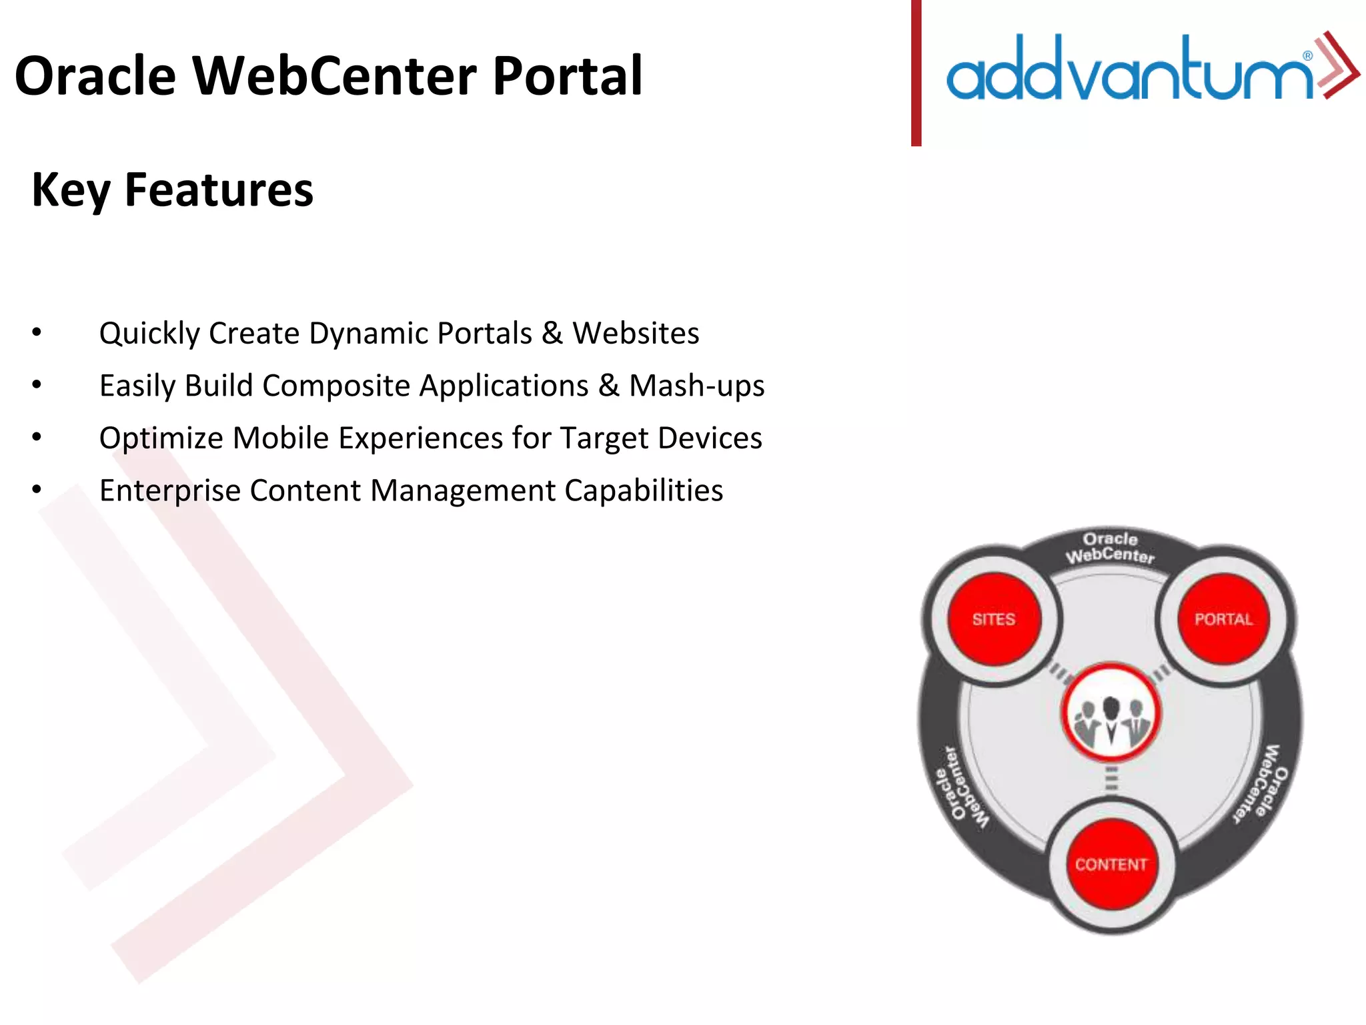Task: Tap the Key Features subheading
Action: pyautogui.click(x=172, y=190)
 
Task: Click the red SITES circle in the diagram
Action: pyautogui.click(x=994, y=619)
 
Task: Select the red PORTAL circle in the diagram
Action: pyautogui.click(x=1223, y=619)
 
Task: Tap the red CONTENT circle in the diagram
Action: pyautogui.click(x=1111, y=864)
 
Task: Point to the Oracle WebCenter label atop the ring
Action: pyautogui.click(x=1110, y=547)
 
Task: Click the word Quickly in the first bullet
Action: pyautogui.click(x=149, y=333)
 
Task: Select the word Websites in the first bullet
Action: pyautogui.click(x=636, y=333)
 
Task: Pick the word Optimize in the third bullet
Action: pyautogui.click(x=161, y=438)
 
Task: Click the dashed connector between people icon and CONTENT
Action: pyautogui.click(x=1111, y=779)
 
